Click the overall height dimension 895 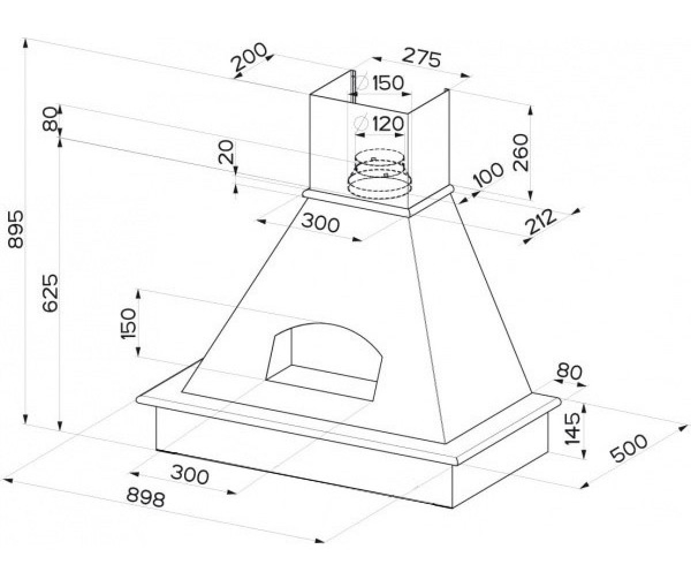click(x=16, y=229)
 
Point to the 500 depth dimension click(x=628, y=448)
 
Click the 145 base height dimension click(x=572, y=429)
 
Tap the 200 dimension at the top click(x=249, y=59)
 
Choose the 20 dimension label click(x=226, y=152)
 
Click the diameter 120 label click(x=378, y=124)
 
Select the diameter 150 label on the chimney click(x=378, y=83)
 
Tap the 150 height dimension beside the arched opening click(x=130, y=323)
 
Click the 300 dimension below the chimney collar click(x=320, y=222)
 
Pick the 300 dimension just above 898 click(x=189, y=475)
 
